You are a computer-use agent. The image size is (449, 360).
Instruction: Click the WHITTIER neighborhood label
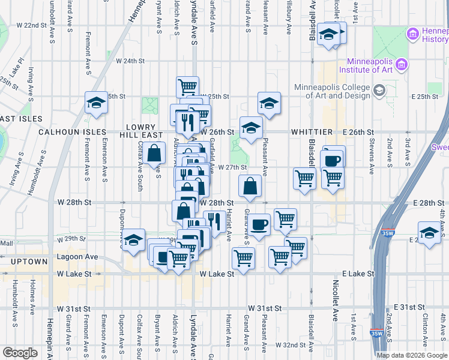click(312, 131)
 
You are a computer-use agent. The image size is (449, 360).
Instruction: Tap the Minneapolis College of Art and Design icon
click(379, 91)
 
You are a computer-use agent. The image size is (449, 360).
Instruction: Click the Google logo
click(20, 352)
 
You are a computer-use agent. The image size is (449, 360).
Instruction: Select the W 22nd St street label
click(32, 25)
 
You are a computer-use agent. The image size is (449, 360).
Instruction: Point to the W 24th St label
click(131, 61)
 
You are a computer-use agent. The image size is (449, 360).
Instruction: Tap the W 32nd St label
click(291, 345)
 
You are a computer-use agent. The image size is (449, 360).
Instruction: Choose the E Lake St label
click(358, 274)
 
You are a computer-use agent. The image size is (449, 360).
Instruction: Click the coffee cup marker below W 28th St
click(259, 225)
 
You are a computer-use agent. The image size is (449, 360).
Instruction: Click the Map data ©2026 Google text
click(411, 355)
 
